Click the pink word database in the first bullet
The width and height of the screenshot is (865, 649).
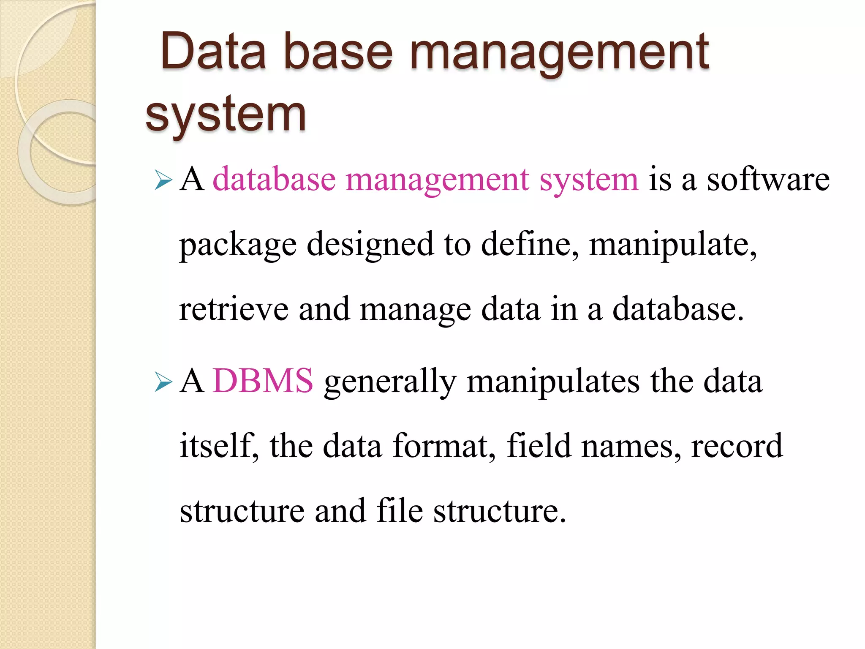274,180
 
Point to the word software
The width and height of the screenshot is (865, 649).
768,180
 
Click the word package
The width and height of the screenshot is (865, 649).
238,245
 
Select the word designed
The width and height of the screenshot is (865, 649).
370,245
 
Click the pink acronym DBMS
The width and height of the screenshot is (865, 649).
263,381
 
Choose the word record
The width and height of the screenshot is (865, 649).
737,445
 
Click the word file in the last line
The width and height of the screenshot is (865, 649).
399,510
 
